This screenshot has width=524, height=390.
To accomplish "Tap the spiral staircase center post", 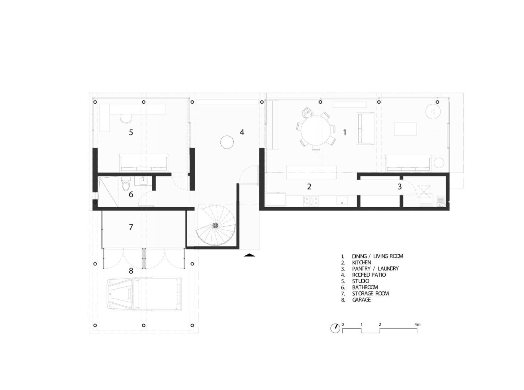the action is tap(215, 225).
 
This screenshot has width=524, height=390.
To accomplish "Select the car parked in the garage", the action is tap(144, 294).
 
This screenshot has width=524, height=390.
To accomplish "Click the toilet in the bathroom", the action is tap(125, 183).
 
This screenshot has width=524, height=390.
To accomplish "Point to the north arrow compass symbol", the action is tap(335, 328).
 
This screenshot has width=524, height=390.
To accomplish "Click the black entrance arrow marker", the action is tap(250, 255).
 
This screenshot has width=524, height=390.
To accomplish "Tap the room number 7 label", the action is tap(131, 227).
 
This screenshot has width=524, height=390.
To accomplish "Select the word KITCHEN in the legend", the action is tap(361, 263).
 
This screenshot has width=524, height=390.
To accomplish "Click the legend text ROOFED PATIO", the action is tap(369, 275).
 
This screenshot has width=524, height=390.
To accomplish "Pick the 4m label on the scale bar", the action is tap(417, 324).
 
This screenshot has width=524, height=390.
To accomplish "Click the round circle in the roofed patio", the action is tap(227, 142).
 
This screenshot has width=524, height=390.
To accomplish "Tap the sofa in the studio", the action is tap(144, 162).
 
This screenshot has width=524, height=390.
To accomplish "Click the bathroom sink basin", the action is tap(143, 181).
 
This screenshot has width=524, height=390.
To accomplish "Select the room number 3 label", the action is tap(399, 187).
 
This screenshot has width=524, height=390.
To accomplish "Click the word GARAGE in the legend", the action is tap(361, 300).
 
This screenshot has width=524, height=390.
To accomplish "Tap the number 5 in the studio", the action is tap(131, 132).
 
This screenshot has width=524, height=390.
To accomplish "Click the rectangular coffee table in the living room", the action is tap(405, 129).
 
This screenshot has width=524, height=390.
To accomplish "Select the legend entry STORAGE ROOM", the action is tap(370, 293).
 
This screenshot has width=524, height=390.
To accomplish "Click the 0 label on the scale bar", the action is tap(343, 324).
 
